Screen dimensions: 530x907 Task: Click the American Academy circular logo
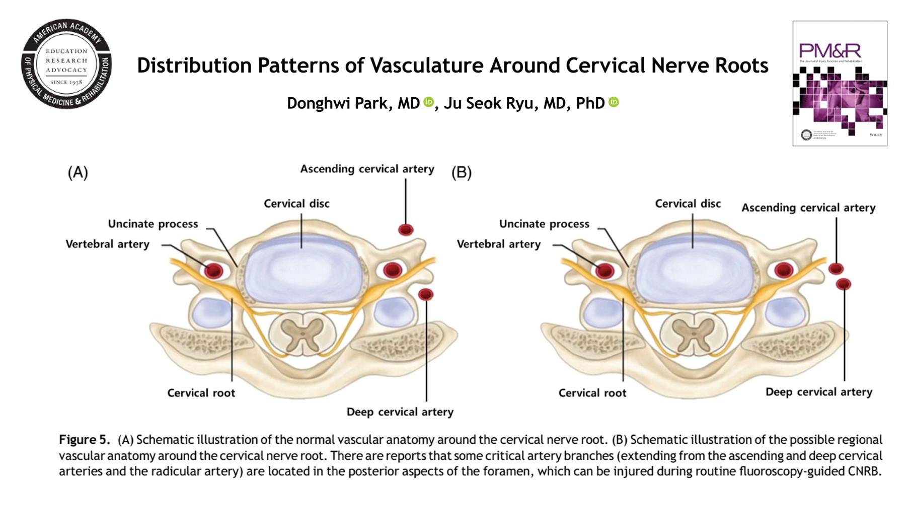tap(66, 64)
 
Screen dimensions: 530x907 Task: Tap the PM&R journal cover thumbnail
tap(840, 84)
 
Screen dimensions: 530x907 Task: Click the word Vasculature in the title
tap(424, 65)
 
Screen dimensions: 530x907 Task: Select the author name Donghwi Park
tap(353, 103)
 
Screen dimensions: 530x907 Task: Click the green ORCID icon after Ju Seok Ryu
tap(614, 102)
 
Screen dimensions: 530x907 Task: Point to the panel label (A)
tap(78, 173)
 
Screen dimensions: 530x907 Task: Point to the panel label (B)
tap(461, 173)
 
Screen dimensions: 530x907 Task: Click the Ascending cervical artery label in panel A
tap(367, 169)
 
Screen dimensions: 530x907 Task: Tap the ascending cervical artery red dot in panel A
tap(406, 230)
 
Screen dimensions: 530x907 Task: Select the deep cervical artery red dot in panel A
tap(426, 294)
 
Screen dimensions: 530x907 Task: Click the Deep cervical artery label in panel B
tap(818, 392)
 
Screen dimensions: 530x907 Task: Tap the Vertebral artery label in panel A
tap(107, 244)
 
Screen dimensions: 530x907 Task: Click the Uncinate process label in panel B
tap(544, 224)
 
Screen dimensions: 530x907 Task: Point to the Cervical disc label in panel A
tap(296, 204)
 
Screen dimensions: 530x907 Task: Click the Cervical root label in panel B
tap(592, 393)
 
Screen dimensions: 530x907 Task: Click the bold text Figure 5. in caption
tap(84, 440)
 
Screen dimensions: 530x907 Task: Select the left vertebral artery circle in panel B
tap(604, 271)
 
